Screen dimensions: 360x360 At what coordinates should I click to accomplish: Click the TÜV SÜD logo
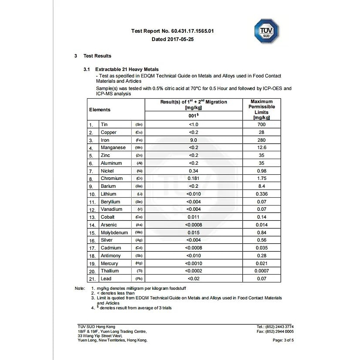tap(266, 31)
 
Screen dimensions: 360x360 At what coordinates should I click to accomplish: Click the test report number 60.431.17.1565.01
tap(192, 31)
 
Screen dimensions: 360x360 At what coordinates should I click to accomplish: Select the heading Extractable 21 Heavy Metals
tap(127, 69)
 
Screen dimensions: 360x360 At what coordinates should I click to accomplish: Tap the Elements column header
tap(100, 110)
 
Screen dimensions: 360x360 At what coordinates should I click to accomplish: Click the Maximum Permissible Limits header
tap(262, 109)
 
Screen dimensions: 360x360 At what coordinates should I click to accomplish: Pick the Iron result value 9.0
tap(193, 140)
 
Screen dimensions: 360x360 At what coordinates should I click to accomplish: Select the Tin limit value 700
tap(262, 124)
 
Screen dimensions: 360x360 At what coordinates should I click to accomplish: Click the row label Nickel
tap(107, 171)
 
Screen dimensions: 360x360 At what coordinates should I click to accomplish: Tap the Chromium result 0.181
tap(193, 178)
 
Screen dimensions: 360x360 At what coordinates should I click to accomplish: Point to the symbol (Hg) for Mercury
tap(139, 263)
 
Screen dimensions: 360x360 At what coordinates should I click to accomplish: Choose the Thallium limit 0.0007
tap(262, 271)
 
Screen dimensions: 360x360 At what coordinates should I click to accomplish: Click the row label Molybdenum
tap(114, 233)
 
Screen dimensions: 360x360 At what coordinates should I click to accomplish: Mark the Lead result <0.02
tap(193, 279)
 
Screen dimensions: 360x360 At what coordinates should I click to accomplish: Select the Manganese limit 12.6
tap(262, 148)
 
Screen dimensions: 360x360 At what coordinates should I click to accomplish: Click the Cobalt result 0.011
tap(193, 217)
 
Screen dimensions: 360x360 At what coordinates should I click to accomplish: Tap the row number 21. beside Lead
tap(92, 279)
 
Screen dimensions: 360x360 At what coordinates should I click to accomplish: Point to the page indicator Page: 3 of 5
tap(283, 340)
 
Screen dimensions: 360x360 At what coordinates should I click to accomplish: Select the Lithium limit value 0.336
tap(262, 194)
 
